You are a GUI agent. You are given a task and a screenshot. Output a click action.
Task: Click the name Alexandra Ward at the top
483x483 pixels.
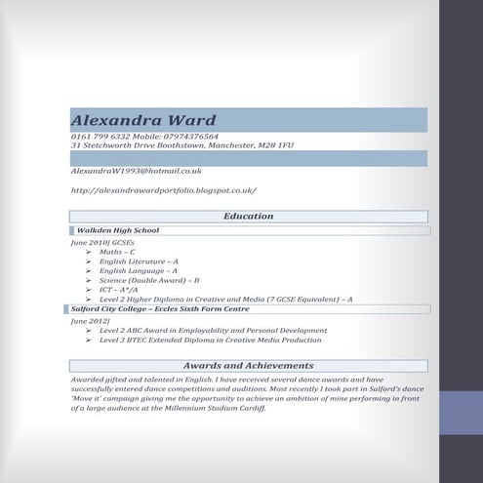click(x=143, y=119)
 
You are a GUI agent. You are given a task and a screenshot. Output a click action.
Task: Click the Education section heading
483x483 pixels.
click(x=249, y=216)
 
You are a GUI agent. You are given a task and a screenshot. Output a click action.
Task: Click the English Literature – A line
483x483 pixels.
click(x=139, y=262)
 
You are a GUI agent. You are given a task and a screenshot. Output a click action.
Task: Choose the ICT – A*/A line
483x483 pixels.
click(x=125, y=290)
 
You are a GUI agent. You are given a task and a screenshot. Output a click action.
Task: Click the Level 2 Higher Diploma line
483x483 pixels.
click(x=225, y=300)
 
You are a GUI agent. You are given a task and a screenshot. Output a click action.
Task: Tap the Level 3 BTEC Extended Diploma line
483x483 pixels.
click(x=210, y=341)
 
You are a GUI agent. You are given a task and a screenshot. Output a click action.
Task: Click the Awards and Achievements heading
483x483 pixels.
click(x=248, y=365)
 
